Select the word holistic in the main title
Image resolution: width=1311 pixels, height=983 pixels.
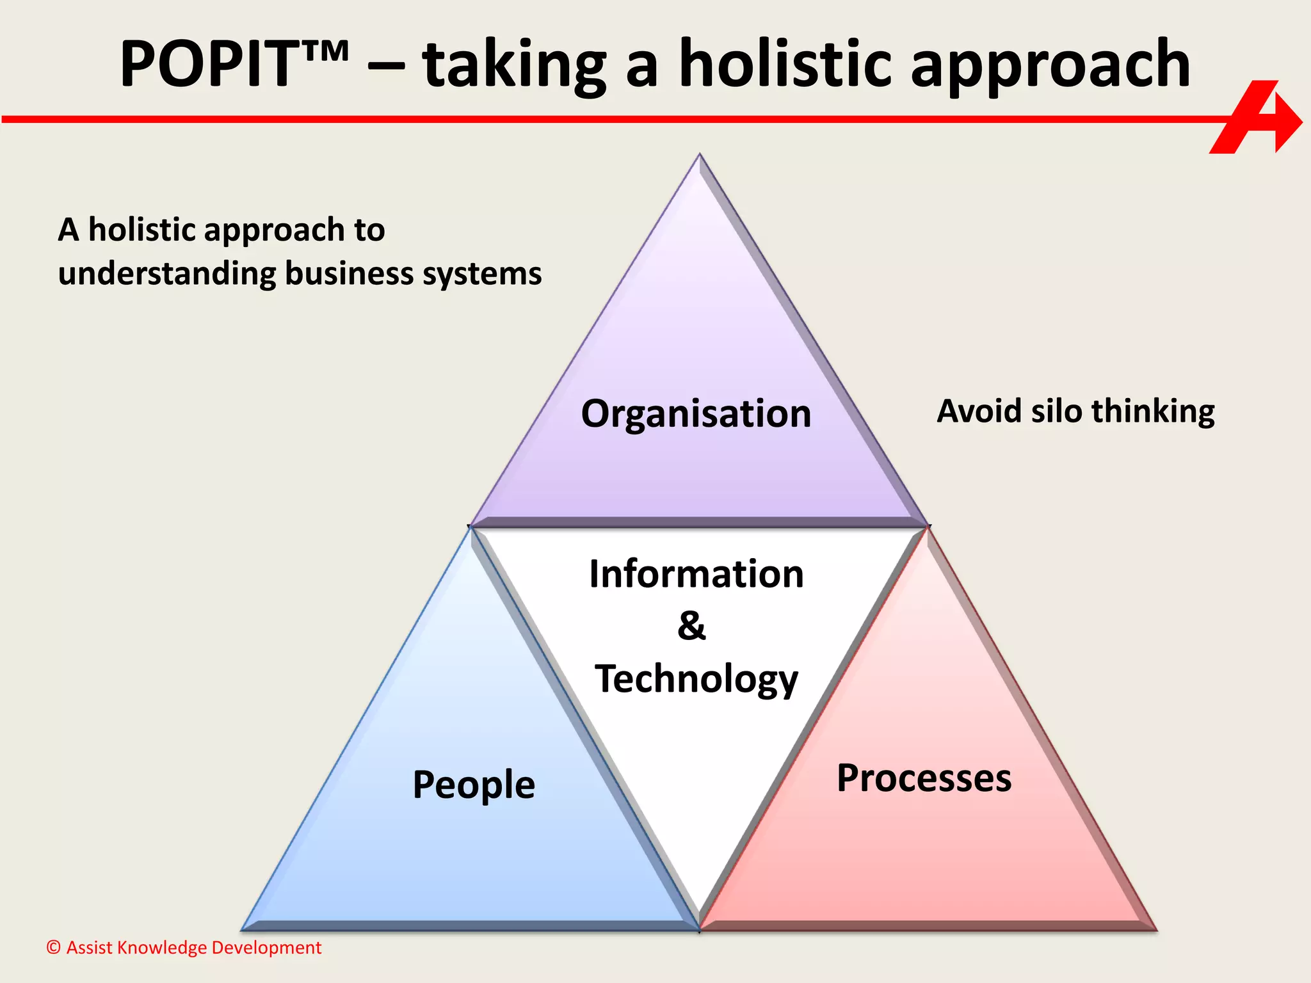click(785, 64)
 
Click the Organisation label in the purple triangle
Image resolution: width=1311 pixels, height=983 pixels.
click(696, 413)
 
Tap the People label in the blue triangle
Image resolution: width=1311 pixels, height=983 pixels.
click(474, 785)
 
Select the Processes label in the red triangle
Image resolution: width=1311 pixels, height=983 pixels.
click(924, 778)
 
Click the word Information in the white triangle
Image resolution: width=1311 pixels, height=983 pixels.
click(696, 573)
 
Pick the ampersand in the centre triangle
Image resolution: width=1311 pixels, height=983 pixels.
click(691, 625)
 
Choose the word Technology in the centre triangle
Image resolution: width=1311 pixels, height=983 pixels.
click(696, 680)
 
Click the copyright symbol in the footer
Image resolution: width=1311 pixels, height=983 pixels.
click(54, 947)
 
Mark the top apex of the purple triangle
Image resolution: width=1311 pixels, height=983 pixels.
click(700, 156)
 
